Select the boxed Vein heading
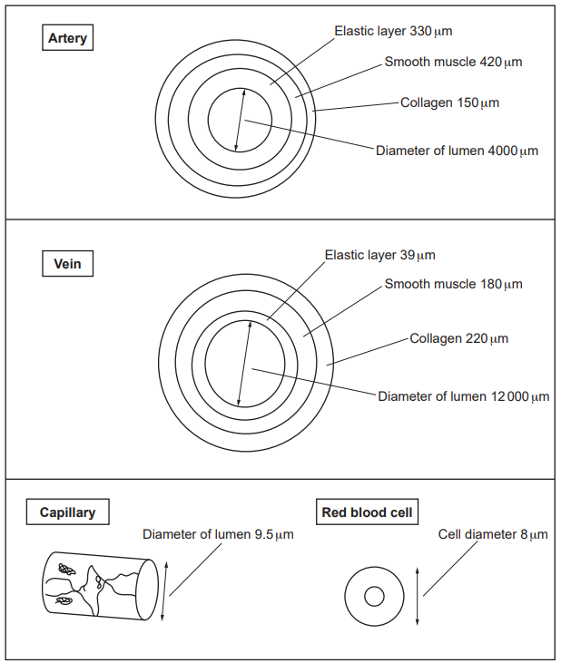(x=68, y=265)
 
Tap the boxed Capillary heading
(x=67, y=512)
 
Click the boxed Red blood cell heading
(x=368, y=512)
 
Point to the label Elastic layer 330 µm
(x=392, y=31)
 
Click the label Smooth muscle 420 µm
(x=453, y=63)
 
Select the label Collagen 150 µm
(x=449, y=102)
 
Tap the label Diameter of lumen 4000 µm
(x=457, y=151)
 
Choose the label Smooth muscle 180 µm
(x=453, y=284)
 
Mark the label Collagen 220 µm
(x=458, y=338)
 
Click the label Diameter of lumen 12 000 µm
(x=463, y=396)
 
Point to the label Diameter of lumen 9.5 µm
(x=218, y=534)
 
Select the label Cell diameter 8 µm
(x=493, y=534)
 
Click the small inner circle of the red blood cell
(x=373, y=597)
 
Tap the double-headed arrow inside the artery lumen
(x=240, y=120)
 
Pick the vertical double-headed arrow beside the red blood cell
(x=417, y=595)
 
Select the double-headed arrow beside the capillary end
(x=163, y=591)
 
